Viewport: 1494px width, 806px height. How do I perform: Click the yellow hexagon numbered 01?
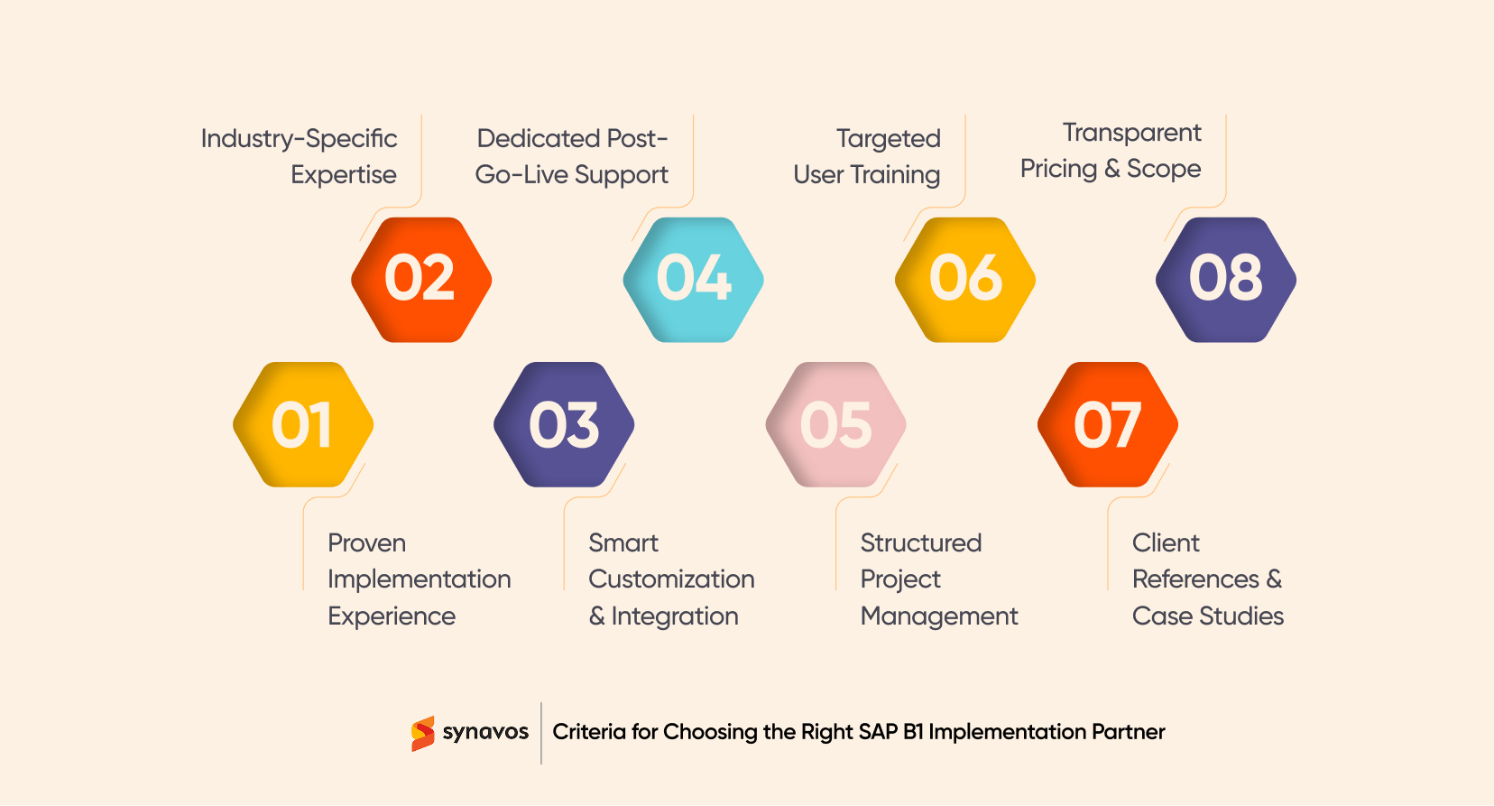click(x=303, y=424)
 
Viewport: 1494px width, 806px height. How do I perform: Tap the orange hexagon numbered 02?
click(x=421, y=279)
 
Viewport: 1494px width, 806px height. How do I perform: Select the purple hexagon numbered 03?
click(x=564, y=424)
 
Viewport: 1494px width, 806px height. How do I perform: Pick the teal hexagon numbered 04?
click(x=694, y=279)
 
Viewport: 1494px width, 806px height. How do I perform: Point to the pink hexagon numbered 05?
click(x=835, y=424)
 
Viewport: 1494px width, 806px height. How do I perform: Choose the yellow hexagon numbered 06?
click(x=965, y=279)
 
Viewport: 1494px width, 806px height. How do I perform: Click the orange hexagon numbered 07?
click(x=1108, y=424)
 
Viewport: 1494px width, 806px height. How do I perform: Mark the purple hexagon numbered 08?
click(x=1226, y=279)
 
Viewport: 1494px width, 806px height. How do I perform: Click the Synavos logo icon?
click(x=422, y=733)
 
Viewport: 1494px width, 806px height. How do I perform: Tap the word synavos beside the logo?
click(x=485, y=732)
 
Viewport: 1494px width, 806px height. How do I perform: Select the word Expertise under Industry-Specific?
click(x=344, y=175)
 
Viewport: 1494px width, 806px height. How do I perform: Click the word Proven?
click(x=366, y=543)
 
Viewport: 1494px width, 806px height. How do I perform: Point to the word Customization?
click(x=671, y=579)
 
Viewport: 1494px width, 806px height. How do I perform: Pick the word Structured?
click(x=920, y=543)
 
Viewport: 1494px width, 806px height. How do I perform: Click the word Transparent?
click(x=1131, y=133)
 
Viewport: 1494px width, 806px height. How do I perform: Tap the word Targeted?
click(x=888, y=139)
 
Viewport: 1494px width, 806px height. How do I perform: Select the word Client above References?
click(x=1166, y=543)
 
